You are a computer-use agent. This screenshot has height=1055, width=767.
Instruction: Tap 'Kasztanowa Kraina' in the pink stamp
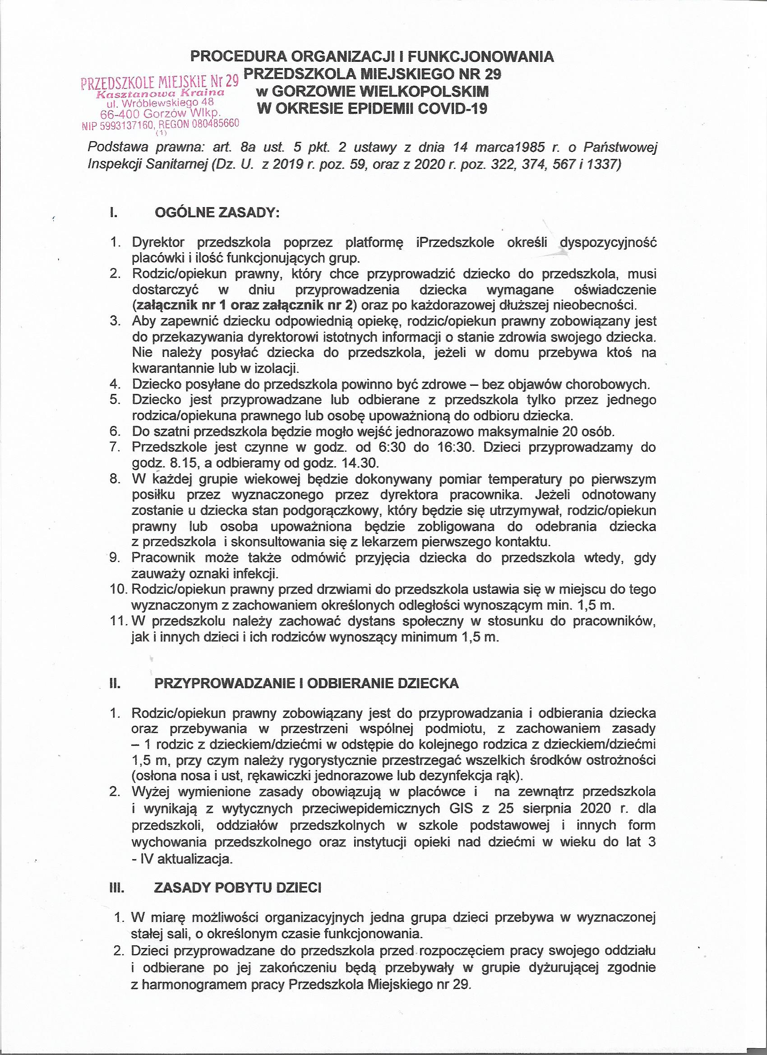click(x=161, y=93)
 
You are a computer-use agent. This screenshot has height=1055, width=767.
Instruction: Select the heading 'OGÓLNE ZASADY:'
click(x=217, y=213)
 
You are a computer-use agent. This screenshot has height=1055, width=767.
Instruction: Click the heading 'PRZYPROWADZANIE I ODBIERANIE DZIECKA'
click(x=306, y=683)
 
